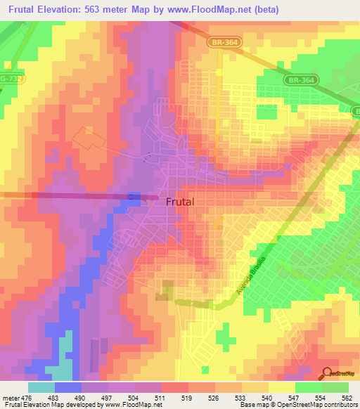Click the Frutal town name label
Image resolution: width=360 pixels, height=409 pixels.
[180, 202]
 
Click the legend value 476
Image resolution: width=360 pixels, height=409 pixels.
[27, 397]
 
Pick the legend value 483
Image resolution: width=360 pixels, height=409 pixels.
[55, 397]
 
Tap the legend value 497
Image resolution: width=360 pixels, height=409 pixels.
[108, 397]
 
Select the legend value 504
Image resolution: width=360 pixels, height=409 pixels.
[135, 397]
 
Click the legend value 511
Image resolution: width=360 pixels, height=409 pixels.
[162, 397]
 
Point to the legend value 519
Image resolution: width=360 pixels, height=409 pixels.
[188, 397]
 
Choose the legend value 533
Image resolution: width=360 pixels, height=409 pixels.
[242, 397]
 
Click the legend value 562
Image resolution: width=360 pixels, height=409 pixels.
[347, 397]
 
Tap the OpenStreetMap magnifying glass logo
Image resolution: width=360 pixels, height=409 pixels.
[328, 373]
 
